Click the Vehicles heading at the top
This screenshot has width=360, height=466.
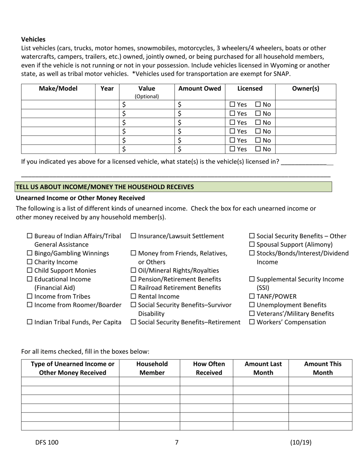[33, 39]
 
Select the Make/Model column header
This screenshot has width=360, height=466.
[58, 89]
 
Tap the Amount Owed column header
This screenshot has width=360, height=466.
[199, 89]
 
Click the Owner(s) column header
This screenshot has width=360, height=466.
[305, 89]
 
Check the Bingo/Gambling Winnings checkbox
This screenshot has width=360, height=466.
[30, 253]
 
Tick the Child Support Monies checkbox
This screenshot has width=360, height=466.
[30, 271]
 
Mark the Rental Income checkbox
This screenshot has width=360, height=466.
[133, 297]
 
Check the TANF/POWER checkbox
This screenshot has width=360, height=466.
[252, 297]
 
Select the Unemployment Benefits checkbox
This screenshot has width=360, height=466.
[252, 305]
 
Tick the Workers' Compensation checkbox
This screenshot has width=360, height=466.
[252, 322]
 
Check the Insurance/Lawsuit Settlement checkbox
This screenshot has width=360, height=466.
[133, 236]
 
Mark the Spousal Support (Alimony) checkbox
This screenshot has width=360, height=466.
[252, 245]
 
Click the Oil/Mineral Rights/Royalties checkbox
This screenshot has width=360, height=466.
[133, 271]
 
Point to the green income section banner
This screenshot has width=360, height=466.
[174, 187]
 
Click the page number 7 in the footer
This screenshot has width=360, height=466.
[177, 442]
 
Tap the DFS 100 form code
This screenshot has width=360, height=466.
[47, 442]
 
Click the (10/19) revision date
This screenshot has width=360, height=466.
[301, 442]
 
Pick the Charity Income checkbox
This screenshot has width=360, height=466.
[30, 262]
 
